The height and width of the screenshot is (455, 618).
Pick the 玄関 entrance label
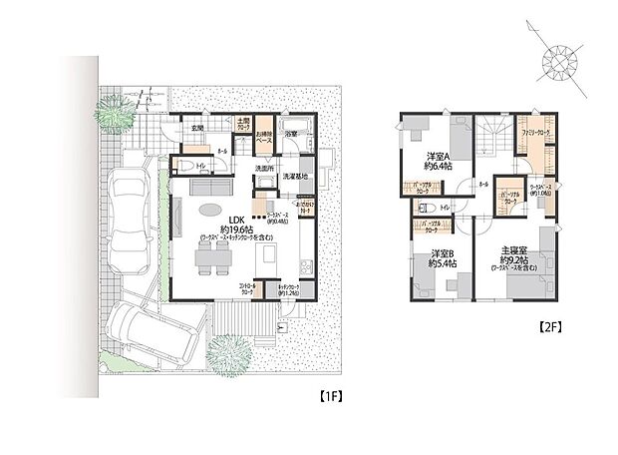197,128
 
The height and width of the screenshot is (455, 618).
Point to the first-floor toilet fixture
185,167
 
